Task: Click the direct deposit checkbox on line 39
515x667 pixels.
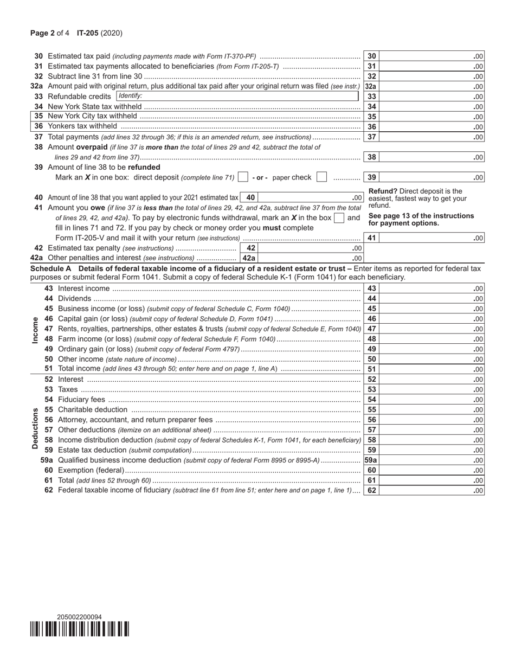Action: coord(243,177)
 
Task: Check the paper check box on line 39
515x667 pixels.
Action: coord(321,177)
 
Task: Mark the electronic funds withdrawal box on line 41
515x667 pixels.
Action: coord(339,218)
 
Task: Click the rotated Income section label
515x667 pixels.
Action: coord(36,329)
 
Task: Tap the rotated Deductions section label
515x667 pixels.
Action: coord(36,428)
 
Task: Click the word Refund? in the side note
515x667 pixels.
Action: coord(383,191)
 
